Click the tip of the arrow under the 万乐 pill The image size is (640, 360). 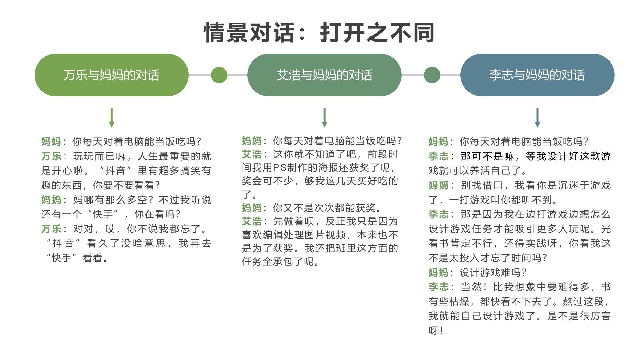(112, 127)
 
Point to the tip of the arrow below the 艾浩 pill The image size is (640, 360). (324, 127)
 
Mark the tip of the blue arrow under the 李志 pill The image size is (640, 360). (537, 127)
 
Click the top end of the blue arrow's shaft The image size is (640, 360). (537, 108)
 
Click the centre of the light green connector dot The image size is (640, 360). (219, 75)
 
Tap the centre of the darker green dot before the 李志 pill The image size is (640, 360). (432, 75)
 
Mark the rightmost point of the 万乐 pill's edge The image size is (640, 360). (189, 75)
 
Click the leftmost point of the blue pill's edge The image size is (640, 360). (460, 75)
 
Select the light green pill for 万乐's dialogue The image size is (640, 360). (112, 75)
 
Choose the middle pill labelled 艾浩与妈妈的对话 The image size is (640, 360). (324, 75)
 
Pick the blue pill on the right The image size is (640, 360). (537, 75)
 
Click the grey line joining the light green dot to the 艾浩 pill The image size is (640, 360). (237, 75)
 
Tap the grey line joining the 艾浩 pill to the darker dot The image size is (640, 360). (413, 75)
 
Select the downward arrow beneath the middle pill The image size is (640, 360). (324, 118)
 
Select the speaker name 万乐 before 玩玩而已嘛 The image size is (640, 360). (51, 156)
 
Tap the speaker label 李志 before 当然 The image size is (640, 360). (438, 287)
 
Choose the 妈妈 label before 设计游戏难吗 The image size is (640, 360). (438, 273)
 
